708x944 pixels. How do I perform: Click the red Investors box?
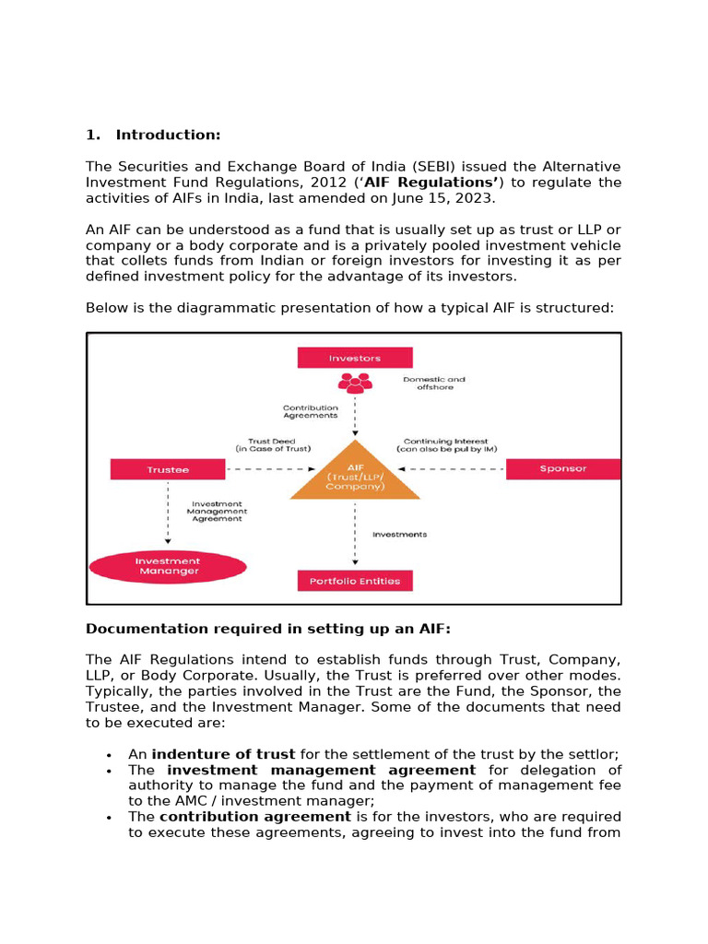[x=355, y=358]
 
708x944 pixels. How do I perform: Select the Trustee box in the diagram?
[x=167, y=469]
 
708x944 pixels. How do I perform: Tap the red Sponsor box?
[x=563, y=469]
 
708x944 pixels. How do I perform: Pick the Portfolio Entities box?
[x=355, y=581]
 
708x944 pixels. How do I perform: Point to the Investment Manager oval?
[x=167, y=566]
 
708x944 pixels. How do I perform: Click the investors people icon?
[x=355, y=382]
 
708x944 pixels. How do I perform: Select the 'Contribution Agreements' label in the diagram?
[x=311, y=411]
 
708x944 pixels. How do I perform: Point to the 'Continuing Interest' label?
[x=445, y=445]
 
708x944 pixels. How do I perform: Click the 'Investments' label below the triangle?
[x=399, y=535]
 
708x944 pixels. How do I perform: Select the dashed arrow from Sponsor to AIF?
[x=461, y=469]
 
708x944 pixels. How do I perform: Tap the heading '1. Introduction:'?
[x=153, y=136]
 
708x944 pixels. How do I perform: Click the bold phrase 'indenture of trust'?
[x=223, y=754]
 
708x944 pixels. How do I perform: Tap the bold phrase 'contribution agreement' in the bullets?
[x=254, y=817]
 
